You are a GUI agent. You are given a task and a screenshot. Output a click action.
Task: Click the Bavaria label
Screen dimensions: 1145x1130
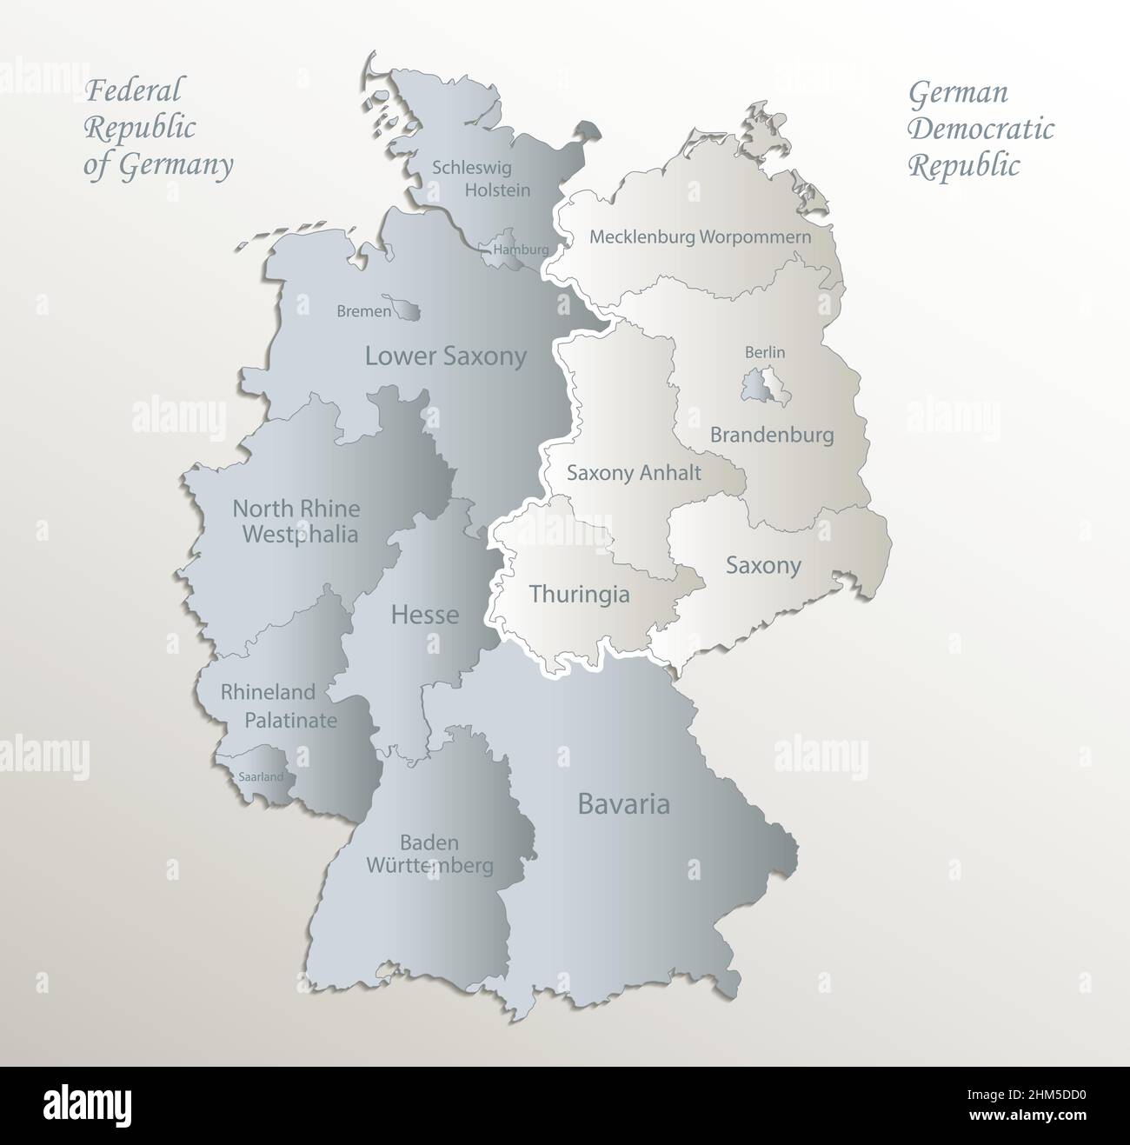(x=623, y=803)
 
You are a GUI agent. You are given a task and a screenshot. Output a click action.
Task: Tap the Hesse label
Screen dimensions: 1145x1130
(x=424, y=615)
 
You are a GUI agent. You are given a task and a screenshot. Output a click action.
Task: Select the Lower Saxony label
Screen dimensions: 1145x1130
(x=445, y=356)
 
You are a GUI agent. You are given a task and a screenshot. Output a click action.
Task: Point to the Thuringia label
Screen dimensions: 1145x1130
(x=579, y=595)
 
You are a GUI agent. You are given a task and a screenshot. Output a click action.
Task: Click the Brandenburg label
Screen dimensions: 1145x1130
(x=772, y=434)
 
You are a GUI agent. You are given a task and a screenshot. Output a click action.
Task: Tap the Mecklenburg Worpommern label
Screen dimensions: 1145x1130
(x=700, y=236)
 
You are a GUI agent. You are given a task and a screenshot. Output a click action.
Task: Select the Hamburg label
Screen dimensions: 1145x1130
(x=520, y=250)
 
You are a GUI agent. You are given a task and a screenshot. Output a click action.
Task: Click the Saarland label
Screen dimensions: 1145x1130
(x=260, y=776)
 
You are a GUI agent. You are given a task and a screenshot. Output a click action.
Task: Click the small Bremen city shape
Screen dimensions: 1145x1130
(x=407, y=309)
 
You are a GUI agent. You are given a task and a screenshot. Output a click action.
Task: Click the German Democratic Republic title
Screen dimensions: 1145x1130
(x=980, y=129)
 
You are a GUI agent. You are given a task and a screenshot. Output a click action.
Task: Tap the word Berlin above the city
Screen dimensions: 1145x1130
(x=765, y=352)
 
